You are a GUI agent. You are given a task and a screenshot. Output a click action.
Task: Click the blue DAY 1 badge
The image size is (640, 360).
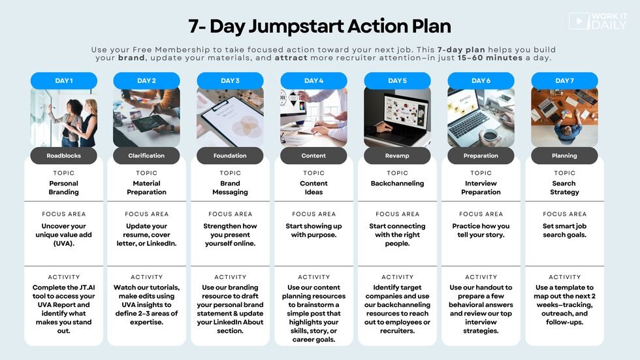(64, 80)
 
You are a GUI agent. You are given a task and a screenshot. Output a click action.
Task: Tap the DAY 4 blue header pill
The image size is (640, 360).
(313, 80)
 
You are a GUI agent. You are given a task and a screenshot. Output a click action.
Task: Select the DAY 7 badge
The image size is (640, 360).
(564, 80)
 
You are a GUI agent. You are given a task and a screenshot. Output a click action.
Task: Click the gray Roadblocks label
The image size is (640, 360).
(64, 155)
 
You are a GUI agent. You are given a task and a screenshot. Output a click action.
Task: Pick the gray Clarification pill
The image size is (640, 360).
(146, 155)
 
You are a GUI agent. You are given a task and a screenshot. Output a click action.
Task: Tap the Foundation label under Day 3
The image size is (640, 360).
(230, 155)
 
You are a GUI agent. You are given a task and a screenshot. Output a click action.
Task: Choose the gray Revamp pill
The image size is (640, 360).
(397, 155)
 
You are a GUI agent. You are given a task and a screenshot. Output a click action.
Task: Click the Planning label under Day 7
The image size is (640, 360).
(564, 155)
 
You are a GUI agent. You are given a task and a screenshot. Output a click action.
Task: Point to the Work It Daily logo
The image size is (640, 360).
(598, 21)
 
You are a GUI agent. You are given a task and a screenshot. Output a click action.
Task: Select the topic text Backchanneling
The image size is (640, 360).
(397, 183)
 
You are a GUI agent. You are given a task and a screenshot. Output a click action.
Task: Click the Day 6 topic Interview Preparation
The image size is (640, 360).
(481, 188)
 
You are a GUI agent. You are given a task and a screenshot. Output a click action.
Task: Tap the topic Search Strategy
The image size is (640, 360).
(564, 188)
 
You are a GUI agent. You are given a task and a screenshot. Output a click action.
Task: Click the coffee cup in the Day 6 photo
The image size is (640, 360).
(489, 136)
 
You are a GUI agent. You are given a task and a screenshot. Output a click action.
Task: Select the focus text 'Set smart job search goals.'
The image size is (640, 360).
(564, 230)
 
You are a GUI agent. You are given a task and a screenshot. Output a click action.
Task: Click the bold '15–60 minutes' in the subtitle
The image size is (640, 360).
(490, 57)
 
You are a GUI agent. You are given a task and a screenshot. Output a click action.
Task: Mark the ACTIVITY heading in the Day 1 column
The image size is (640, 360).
(64, 277)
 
